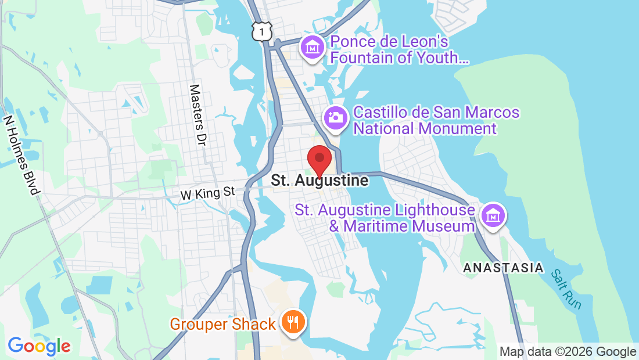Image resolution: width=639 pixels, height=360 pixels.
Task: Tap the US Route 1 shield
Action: click(x=262, y=31)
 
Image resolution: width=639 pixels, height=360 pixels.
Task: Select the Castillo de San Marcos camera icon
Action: click(x=336, y=117)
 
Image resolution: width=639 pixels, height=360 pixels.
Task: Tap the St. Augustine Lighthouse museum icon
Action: click(x=493, y=216)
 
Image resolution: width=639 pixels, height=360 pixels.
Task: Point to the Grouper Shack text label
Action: click(x=222, y=324)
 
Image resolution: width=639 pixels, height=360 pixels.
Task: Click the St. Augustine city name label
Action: click(x=319, y=181)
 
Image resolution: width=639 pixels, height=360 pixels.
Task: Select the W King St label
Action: click(x=207, y=193)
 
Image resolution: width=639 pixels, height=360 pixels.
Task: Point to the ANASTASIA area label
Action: click(x=503, y=268)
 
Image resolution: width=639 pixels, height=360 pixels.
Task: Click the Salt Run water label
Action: click(x=567, y=289)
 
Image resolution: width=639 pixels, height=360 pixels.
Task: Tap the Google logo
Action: click(x=39, y=346)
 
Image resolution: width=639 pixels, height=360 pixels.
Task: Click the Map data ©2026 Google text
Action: click(x=568, y=352)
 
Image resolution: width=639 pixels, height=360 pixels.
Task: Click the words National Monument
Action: click(x=425, y=128)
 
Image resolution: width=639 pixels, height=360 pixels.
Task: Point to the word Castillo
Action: click(x=380, y=112)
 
